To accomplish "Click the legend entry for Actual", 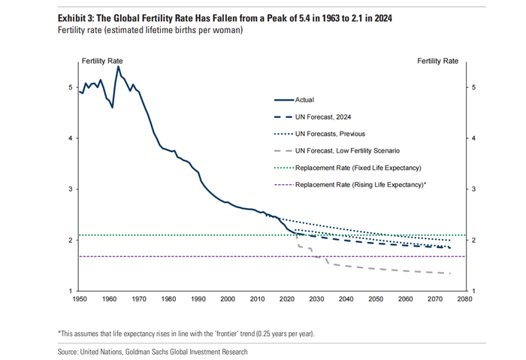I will coord(304,99).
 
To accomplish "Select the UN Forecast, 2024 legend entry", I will coord(323,116).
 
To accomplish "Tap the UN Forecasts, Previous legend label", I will coord(331,134).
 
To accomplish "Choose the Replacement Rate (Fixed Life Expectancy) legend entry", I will coord(358,168).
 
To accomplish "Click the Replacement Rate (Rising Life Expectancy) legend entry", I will coord(361,184).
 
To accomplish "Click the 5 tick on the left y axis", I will coord(71,88).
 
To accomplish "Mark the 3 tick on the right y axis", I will coord(473,189).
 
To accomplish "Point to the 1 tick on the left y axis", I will coord(71,291).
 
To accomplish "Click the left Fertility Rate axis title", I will coord(102,60).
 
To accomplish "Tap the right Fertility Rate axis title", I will coord(437,60).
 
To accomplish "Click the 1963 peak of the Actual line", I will coord(118,67).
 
